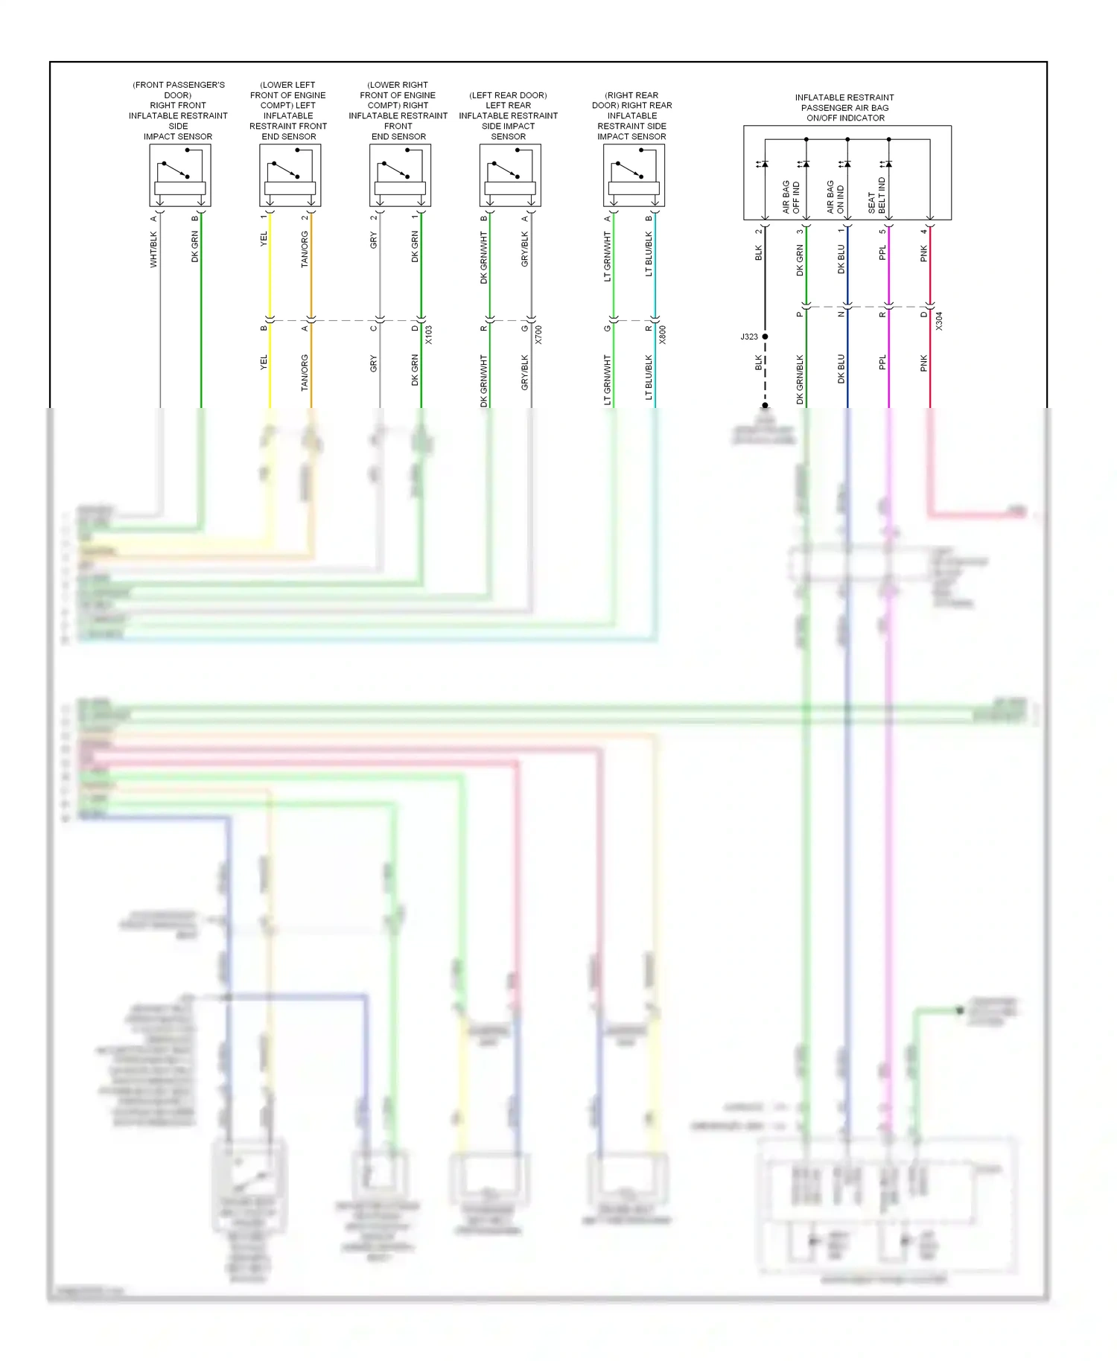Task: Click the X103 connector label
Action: pos(429,335)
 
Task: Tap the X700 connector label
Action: pos(538,335)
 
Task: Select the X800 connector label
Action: pos(662,335)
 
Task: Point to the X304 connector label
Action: pos(939,321)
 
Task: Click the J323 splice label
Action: pos(749,337)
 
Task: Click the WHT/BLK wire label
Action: pos(154,249)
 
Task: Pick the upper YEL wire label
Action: pos(264,240)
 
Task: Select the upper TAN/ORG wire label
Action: pos(305,249)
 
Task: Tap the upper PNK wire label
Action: pos(924,254)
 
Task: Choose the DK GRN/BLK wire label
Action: pos(801,380)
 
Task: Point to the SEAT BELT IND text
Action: pos(877,196)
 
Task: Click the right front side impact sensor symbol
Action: pos(180,176)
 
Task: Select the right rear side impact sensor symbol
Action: pos(634,176)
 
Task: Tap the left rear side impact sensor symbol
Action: pos(510,176)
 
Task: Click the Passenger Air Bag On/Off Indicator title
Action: pos(844,108)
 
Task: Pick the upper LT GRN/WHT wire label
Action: pos(608,257)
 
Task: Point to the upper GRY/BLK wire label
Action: pos(525,249)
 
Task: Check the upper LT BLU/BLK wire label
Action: pos(649,254)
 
